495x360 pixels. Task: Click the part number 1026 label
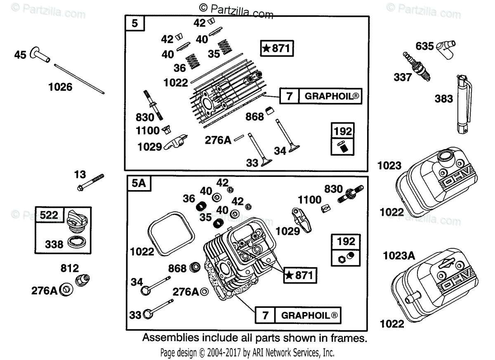[60, 87]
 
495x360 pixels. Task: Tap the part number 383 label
[443, 99]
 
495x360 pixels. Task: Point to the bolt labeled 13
[90, 181]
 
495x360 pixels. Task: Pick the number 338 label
[54, 244]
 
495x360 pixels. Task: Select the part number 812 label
[70, 268]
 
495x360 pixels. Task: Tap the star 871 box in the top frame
[277, 48]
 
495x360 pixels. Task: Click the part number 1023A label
[398, 256]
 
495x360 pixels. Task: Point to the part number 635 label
[424, 46]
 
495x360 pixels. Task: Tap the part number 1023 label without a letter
[389, 166]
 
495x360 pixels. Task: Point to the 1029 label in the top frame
[150, 146]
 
